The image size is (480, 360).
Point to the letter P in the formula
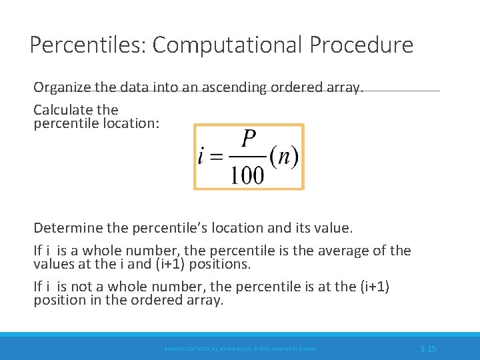click(x=249, y=139)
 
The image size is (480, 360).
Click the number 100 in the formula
click(x=248, y=175)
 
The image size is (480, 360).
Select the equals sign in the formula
click(x=217, y=158)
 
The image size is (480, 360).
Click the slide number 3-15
click(x=428, y=349)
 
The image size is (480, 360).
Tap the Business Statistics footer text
click(x=240, y=349)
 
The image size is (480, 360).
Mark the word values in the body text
click(x=55, y=264)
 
